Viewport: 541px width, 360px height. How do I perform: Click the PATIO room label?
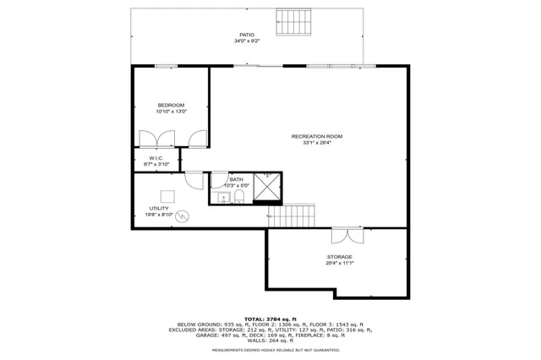[247, 35]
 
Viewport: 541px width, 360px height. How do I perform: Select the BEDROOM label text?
[171, 105]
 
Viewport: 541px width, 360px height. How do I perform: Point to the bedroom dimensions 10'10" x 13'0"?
[171, 112]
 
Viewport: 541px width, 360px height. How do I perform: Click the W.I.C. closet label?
[156, 158]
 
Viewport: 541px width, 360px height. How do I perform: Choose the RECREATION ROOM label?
[317, 136]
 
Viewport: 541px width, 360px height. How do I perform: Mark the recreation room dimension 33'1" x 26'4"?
[317, 143]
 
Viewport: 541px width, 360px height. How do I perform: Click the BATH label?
[237, 179]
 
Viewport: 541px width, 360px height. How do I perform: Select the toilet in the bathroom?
[239, 198]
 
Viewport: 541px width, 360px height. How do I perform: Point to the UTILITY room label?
[159, 208]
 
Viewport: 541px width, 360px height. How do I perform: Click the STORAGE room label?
[340, 257]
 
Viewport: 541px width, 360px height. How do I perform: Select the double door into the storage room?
[343, 235]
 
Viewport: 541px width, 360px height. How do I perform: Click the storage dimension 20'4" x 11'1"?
[340, 264]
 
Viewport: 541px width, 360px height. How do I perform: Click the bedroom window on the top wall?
[166, 65]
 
